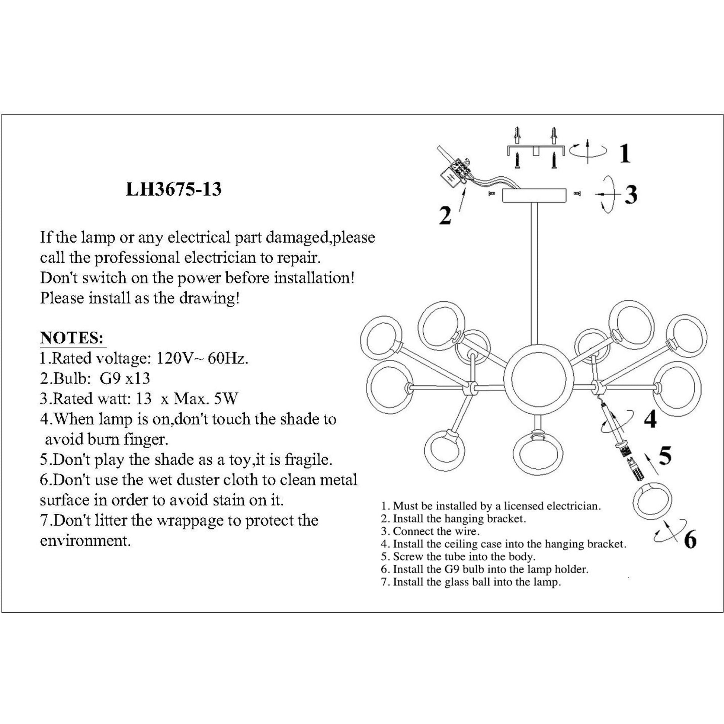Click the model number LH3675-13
tap(173, 190)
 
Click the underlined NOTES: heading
tap(71, 338)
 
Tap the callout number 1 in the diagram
tap(624, 154)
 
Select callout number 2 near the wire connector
tap(445, 216)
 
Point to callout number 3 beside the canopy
tap(631, 195)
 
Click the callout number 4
tap(650, 419)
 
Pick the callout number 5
tap(665, 456)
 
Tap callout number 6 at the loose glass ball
tap(690, 539)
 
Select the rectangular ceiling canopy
tap(534, 196)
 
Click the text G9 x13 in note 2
tap(125, 378)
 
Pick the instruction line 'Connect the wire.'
tap(435, 531)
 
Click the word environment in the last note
tap(86, 540)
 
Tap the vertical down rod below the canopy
tap(535, 273)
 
